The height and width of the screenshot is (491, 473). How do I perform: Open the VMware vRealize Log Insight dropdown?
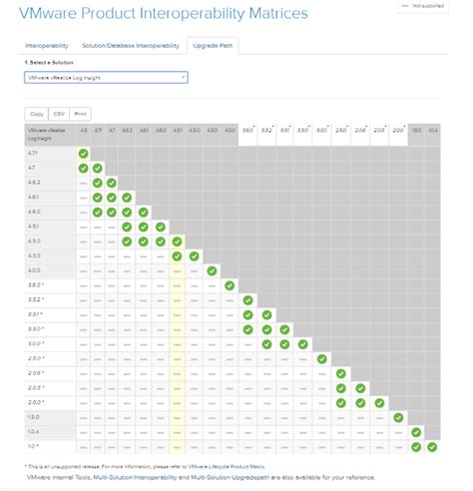[x=104, y=76]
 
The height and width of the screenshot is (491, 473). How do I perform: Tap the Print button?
[x=81, y=114]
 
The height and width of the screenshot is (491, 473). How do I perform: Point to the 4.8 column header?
[x=84, y=132]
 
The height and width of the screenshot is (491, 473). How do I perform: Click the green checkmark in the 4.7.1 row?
[x=84, y=155]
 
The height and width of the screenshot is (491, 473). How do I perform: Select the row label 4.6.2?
[x=35, y=184]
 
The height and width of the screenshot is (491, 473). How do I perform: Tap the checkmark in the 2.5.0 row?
[x=321, y=358]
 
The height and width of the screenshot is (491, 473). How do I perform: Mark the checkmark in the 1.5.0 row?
[x=398, y=417]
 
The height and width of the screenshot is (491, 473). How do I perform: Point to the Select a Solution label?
[x=46, y=63]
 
